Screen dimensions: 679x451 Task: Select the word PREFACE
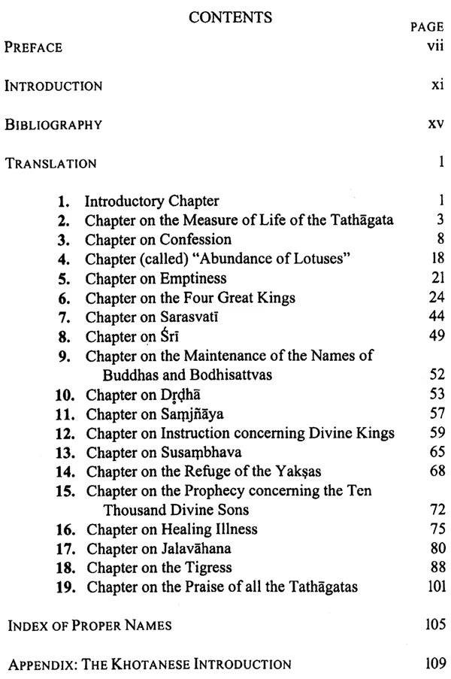pos(33,47)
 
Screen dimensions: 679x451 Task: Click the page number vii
pos(431,47)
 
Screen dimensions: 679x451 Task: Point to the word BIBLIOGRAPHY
pos(53,125)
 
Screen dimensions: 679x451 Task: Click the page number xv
pos(434,124)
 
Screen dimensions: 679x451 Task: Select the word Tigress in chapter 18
pos(207,568)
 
